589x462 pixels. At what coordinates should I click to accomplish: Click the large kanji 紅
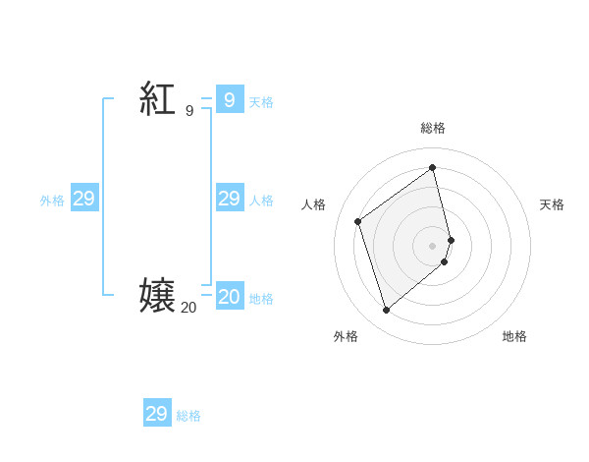(157, 99)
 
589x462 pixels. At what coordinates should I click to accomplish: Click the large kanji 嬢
(157, 296)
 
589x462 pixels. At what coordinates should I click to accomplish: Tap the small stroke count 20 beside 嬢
(188, 308)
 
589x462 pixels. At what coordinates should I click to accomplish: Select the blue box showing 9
(230, 99)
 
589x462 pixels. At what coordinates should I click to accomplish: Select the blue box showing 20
(230, 297)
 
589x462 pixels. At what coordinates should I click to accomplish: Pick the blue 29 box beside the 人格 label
(230, 199)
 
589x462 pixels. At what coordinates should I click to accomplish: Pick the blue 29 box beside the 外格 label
(84, 199)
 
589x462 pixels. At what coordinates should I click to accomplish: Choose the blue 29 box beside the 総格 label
(157, 414)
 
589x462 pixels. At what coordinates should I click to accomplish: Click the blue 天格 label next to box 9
(261, 102)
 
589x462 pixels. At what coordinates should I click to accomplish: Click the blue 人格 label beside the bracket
(261, 201)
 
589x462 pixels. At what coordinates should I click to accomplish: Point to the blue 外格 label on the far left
(52, 201)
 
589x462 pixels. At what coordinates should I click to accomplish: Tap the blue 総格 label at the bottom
(188, 416)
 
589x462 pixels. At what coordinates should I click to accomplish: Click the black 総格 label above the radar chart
(433, 128)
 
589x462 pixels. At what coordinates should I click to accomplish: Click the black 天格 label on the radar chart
(552, 204)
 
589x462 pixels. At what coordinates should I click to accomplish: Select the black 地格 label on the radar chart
(514, 336)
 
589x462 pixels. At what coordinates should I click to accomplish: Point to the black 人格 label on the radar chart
(314, 204)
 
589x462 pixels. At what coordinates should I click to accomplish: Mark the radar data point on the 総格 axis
(433, 168)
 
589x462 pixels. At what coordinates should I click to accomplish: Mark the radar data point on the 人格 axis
(358, 221)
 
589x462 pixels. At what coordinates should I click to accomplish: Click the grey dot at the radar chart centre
(433, 245)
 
